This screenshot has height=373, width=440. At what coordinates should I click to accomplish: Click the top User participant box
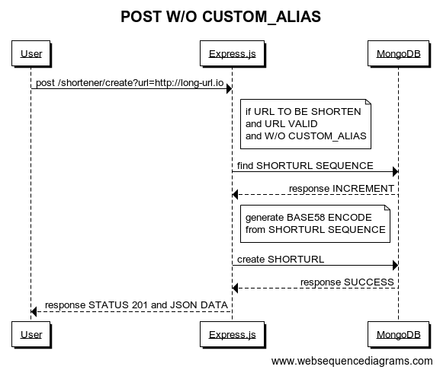click(x=31, y=53)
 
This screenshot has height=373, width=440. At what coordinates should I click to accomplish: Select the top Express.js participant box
click(x=233, y=53)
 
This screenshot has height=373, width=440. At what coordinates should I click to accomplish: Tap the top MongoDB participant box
click(x=399, y=53)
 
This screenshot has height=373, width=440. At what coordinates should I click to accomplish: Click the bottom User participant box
click(x=31, y=334)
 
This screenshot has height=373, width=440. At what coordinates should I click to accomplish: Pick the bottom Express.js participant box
click(x=233, y=334)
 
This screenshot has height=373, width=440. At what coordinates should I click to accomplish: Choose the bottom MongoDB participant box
click(x=399, y=334)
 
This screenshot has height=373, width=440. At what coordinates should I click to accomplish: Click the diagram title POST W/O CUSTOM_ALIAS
click(x=220, y=17)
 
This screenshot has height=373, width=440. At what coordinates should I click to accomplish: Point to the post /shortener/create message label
click(x=130, y=83)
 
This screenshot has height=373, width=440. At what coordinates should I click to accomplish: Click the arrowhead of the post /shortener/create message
click(x=230, y=89)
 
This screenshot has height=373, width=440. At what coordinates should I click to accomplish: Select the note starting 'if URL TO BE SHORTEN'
click(x=306, y=124)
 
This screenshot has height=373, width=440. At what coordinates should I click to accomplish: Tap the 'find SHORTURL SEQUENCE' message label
click(x=305, y=165)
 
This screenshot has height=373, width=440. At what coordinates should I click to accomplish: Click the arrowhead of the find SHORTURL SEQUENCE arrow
click(x=395, y=172)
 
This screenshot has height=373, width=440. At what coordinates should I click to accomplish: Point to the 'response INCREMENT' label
click(x=342, y=189)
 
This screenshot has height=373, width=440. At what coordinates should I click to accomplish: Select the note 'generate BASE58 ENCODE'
click(x=315, y=224)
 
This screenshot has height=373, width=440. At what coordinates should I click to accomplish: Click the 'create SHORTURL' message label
click(x=281, y=260)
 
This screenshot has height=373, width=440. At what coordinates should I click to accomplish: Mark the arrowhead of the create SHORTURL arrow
click(x=395, y=265)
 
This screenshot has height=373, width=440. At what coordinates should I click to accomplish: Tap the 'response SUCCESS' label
click(x=347, y=282)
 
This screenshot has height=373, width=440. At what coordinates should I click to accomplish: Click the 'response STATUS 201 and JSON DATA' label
click(x=136, y=305)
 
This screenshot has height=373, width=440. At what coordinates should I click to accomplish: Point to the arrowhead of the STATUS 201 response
click(x=34, y=311)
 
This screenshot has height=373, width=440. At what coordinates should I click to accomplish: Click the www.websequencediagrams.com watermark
click(x=352, y=361)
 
